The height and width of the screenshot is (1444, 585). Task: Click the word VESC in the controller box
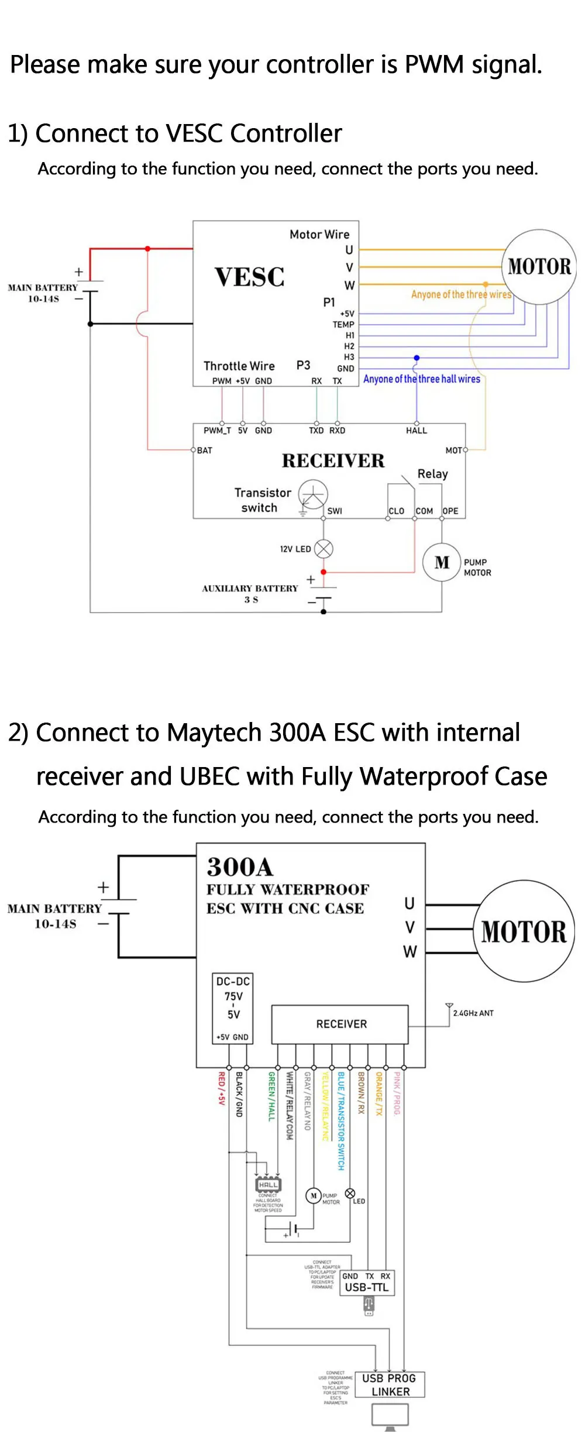tap(250, 277)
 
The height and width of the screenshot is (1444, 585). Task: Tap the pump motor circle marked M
tap(442, 562)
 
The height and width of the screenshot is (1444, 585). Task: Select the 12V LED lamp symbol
tap(324, 549)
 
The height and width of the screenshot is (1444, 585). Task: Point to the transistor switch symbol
tap(313, 495)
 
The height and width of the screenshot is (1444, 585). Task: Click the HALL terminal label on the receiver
tap(417, 431)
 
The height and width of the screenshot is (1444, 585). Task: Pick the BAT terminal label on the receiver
tap(205, 451)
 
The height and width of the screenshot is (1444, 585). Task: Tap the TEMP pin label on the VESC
tap(343, 324)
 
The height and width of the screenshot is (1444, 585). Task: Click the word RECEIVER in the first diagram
tap(333, 461)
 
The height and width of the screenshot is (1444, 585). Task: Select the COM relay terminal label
tap(424, 511)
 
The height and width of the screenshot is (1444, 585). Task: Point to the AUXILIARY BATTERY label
tap(250, 589)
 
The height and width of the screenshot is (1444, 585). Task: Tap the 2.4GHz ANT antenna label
tap(473, 1013)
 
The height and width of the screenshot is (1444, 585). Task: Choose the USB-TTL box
tap(367, 1282)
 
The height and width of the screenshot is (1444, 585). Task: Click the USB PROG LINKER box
tap(390, 1384)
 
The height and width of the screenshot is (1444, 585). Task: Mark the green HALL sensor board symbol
tap(269, 1185)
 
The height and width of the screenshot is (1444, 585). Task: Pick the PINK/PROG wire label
tap(397, 1093)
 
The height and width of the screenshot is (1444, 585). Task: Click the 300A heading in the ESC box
tap(240, 867)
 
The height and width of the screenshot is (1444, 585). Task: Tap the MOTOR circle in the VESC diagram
tap(539, 267)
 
